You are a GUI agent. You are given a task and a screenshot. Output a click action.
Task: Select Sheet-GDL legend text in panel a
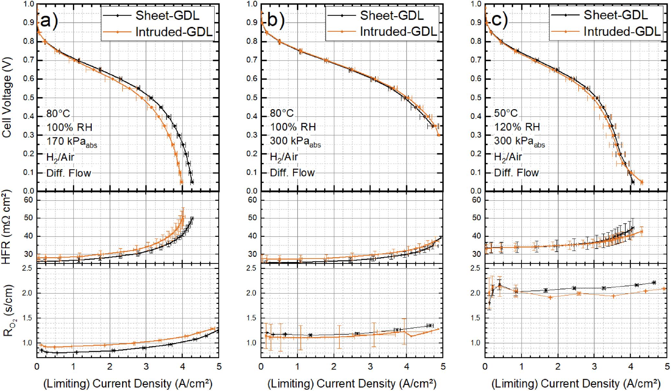pyautogui.click(x=167, y=15)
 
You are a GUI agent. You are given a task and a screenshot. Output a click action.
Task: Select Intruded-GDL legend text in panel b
pyautogui.click(x=398, y=31)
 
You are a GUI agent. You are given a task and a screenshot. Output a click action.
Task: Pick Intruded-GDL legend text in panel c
pyautogui.click(x=622, y=31)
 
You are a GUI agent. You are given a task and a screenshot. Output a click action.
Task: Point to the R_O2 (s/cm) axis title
pyautogui.click(x=8, y=311)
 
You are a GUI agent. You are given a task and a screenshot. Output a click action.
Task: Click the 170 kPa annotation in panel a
pyautogui.click(x=71, y=142)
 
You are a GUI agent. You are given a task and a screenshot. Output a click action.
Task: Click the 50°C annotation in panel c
pyautogui.click(x=506, y=113)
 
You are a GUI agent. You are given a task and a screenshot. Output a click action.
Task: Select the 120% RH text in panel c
pyautogui.click(x=517, y=127)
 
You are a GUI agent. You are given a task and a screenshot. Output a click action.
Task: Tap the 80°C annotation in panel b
pyautogui.click(x=281, y=113)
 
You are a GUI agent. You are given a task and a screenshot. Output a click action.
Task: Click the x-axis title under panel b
pyautogui.click(x=352, y=384)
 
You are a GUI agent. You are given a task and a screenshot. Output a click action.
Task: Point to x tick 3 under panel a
pyautogui.click(x=146, y=366)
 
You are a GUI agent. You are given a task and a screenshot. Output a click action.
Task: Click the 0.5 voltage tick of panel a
pyautogui.click(x=29, y=98)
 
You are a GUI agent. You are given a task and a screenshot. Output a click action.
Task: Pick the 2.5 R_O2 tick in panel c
pyautogui.click(x=476, y=268)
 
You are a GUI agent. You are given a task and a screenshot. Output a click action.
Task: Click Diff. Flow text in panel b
pyautogui.click(x=292, y=173)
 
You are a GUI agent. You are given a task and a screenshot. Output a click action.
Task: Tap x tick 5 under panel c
pyautogui.click(x=667, y=366)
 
